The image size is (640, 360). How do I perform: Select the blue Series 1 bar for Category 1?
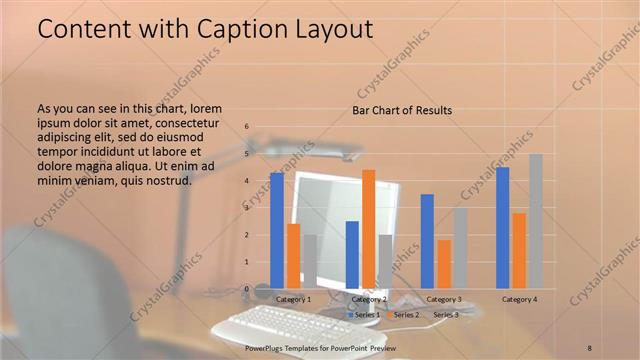pyautogui.click(x=276, y=231)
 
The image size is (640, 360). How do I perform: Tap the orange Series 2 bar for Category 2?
pyautogui.click(x=368, y=229)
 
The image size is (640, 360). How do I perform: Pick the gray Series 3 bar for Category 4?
pyautogui.click(x=536, y=221)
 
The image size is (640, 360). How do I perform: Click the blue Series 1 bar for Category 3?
pyautogui.click(x=427, y=241)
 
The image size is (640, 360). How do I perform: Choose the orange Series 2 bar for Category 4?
pyautogui.click(x=519, y=250)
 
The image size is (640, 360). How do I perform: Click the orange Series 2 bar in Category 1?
pyautogui.click(x=293, y=256)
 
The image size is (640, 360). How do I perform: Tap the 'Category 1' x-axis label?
pyautogui.click(x=293, y=299)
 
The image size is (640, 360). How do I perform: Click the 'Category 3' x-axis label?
pyautogui.click(x=444, y=299)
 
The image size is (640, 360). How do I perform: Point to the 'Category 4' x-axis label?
pyautogui.click(x=519, y=299)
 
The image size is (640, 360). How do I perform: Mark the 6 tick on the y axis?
pyautogui.click(x=247, y=128)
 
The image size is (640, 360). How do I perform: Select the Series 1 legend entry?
pyautogui.click(x=364, y=315)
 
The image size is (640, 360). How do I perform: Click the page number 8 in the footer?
pyautogui.click(x=590, y=346)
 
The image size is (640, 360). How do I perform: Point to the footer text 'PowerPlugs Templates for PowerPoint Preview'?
pyautogui.click(x=320, y=346)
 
